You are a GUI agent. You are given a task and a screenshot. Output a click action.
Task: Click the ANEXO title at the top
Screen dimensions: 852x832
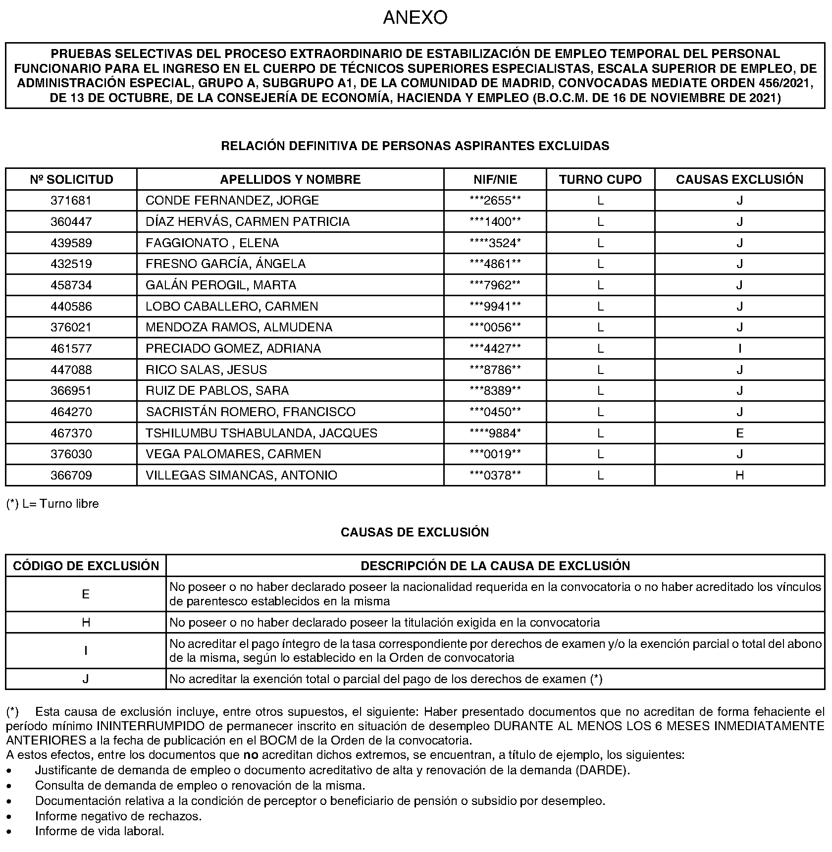(415, 18)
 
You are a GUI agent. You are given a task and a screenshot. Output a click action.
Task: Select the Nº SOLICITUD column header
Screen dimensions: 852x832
(71, 179)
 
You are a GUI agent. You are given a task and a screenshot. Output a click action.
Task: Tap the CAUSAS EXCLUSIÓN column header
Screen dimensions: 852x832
(739, 179)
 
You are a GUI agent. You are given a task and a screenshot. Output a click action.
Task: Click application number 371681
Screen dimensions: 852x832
(71, 201)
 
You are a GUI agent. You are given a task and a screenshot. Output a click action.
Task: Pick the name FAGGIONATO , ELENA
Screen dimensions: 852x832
(212, 243)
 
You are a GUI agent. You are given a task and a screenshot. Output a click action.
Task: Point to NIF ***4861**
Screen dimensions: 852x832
(495, 264)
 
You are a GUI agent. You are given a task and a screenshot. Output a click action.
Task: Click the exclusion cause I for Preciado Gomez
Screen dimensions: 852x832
(739, 349)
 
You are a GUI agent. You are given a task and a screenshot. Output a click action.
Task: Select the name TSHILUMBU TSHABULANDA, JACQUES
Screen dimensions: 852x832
(261, 433)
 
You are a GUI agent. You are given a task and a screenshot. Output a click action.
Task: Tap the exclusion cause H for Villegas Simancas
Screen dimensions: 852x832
(739, 476)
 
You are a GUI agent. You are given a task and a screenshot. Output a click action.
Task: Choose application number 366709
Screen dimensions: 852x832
(71, 476)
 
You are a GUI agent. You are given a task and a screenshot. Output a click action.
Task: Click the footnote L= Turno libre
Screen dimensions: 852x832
(52, 504)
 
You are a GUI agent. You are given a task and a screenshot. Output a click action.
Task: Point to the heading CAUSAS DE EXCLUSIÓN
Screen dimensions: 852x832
(415, 532)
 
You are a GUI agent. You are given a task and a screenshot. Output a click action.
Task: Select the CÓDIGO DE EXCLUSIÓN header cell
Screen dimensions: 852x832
(86, 566)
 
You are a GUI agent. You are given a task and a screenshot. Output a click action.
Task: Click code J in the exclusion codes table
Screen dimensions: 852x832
(86, 679)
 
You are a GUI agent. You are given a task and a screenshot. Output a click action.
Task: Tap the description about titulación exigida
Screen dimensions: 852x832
(385, 623)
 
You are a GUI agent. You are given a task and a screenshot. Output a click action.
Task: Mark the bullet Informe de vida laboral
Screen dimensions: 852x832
(99, 831)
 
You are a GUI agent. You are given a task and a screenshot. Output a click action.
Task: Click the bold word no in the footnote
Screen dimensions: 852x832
(251, 755)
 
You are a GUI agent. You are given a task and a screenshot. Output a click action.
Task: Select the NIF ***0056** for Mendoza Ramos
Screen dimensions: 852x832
(495, 327)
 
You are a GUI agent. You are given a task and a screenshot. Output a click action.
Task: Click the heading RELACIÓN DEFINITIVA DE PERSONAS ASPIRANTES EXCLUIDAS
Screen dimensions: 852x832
(415, 146)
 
